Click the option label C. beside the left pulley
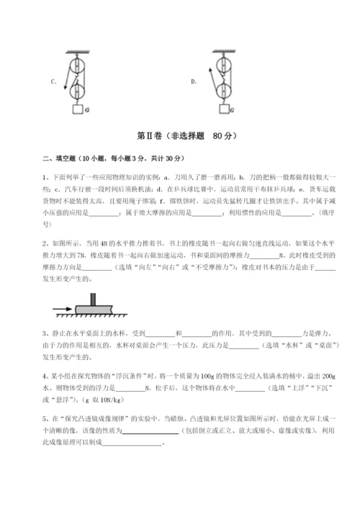click(x=54, y=81)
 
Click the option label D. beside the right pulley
click(x=194, y=81)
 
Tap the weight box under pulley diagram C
click(x=78, y=109)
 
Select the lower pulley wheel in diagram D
click(x=224, y=89)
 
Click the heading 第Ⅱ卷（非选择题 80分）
click(x=180, y=135)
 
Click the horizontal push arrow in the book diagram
click(x=63, y=310)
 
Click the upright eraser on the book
click(x=92, y=298)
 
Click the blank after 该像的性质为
click(x=151, y=431)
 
